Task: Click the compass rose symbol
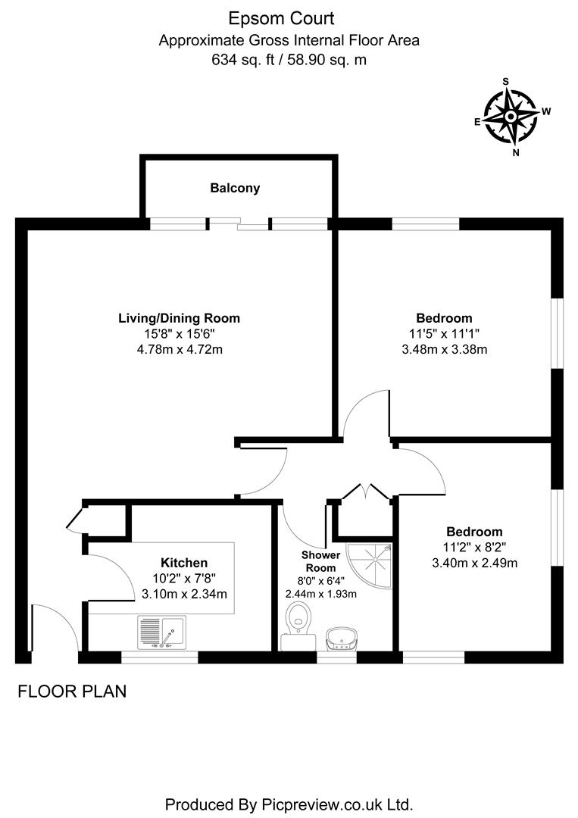coord(511,117)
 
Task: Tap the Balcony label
coord(235,188)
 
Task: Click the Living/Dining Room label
coord(179,318)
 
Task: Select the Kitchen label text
coord(184,563)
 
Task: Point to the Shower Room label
coord(319,561)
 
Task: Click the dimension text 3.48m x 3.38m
coord(444,349)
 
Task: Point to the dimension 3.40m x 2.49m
coord(474,563)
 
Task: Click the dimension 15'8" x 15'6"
coord(179,333)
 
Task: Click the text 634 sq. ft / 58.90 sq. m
coord(289,59)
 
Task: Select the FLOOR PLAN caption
coord(71,691)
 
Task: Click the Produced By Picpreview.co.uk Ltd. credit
coord(289,804)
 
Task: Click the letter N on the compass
coord(516,151)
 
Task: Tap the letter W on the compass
coord(545,111)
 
